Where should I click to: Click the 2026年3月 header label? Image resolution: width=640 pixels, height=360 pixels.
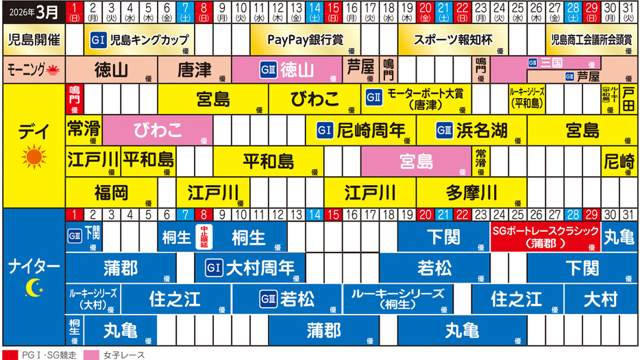(x=32, y=12)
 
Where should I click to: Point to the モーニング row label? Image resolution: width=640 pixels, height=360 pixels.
(x=32, y=69)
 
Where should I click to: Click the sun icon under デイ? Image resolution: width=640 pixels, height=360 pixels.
(x=32, y=158)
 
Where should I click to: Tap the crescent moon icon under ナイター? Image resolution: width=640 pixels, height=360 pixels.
(x=32, y=288)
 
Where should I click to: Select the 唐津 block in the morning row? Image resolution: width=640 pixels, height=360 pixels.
(x=194, y=69)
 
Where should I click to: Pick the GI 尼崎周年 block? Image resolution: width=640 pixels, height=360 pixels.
(x=361, y=130)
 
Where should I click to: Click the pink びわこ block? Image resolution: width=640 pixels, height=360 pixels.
(x=158, y=130)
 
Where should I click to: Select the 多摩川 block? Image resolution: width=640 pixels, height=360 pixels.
(x=471, y=190)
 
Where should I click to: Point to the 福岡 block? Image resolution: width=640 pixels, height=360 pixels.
(x=112, y=190)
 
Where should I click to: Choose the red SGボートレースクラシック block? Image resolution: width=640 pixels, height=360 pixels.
(x=545, y=237)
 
